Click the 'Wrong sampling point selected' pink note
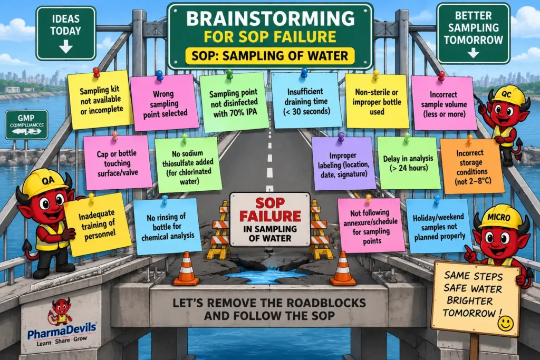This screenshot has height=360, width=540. (x=165, y=103)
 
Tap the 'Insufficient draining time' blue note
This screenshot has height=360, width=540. (x=306, y=101)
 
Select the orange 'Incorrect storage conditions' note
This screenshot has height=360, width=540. (x=472, y=167)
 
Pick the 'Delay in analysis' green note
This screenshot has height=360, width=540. (x=409, y=163)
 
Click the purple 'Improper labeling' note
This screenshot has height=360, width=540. (x=343, y=164)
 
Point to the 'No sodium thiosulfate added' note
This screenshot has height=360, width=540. (x=188, y=165)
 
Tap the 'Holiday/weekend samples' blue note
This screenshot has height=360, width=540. (x=439, y=226)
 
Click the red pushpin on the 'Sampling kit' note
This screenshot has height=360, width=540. (x=97, y=73)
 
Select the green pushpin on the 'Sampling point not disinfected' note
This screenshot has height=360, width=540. (x=229, y=74)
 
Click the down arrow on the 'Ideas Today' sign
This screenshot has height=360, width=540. (x=65, y=46)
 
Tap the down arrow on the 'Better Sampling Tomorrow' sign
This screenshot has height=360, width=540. (x=473, y=53)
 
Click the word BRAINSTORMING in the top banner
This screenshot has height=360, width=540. (x=271, y=19)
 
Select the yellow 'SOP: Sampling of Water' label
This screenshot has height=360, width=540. (x=270, y=56)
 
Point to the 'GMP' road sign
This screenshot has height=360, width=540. (x=26, y=124)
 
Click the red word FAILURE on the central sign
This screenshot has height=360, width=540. (x=271, y=216)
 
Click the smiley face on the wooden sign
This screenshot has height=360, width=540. (x=505, y=324)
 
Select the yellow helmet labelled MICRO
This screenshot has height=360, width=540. (x=499, y=217)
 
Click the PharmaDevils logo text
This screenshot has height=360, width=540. (x=62, y=330)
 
